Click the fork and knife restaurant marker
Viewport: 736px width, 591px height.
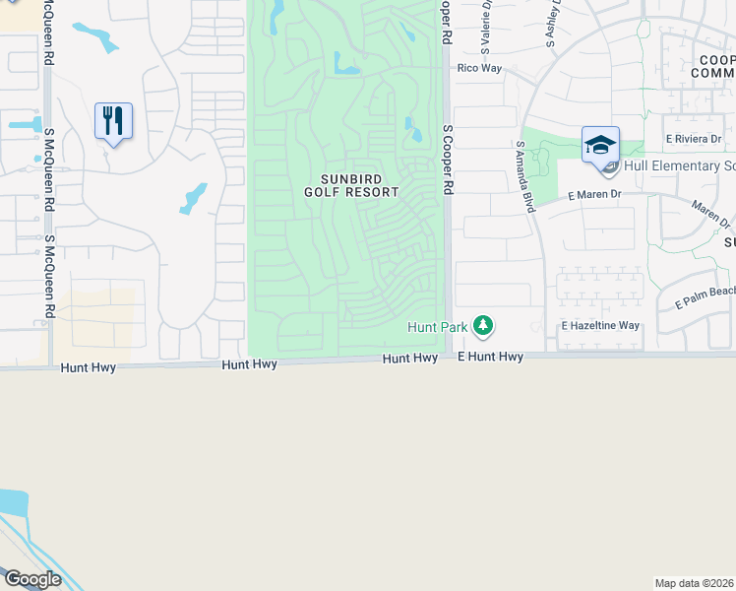(113, 121)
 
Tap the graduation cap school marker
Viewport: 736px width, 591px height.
(600, 145)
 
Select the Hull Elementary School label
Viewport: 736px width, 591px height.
(679, 165)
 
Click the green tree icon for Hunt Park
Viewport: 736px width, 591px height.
(482, 324)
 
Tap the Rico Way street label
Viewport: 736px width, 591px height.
(479, 68)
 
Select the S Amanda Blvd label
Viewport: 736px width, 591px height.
(525, 176)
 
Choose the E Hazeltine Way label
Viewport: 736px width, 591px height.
(600, 325)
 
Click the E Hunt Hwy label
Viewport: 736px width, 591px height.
(491, 357)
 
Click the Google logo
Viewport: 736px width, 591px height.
(32, 579)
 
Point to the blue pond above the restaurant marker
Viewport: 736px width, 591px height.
(97, 38)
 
